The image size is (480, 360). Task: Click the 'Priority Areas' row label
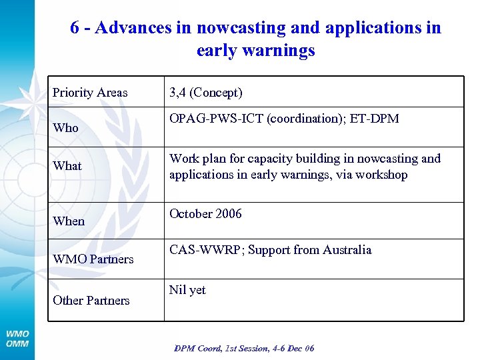coord(90,93)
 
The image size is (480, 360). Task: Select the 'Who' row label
coord(65,128)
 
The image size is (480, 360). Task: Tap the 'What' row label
coord(67,166)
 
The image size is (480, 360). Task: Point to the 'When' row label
coord(69,221)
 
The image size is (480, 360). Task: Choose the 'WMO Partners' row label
coord(93,259)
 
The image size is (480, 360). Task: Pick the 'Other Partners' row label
coord(91,301)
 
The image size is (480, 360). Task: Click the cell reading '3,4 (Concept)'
coord(205,93)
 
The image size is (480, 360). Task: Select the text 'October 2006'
coord(205,214)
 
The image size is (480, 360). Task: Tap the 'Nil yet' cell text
coord(187,290)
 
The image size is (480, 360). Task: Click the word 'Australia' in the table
coord(347,251)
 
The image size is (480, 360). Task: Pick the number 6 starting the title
coord(75,28)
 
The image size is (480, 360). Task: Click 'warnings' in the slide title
coord(279,51)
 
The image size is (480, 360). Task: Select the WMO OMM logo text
coord(17,338)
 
